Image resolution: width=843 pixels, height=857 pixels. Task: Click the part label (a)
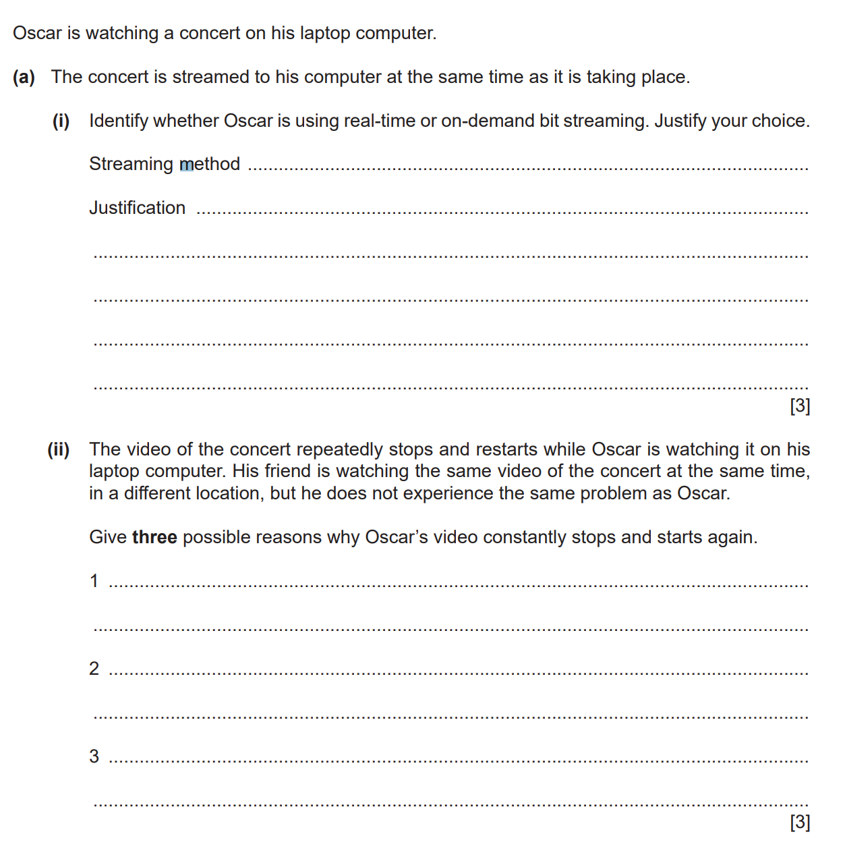click(24, 78)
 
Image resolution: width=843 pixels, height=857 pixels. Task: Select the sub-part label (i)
click(61, 121)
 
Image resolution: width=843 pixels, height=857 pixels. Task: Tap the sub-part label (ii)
click(58, 450)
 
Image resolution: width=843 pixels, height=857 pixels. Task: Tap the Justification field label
click(138, 208)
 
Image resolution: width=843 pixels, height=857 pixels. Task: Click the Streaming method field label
click(165, 164)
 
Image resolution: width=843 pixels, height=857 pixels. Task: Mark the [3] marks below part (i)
click(800, 406)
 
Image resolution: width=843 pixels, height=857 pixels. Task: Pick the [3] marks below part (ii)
click(800, 822)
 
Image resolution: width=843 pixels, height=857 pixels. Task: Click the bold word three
click(154, 538)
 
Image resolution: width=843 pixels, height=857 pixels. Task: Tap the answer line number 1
click(94, 581)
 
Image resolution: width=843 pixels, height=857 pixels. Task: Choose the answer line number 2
click(94, 669)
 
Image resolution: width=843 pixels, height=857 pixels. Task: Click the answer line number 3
click(94, 756)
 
